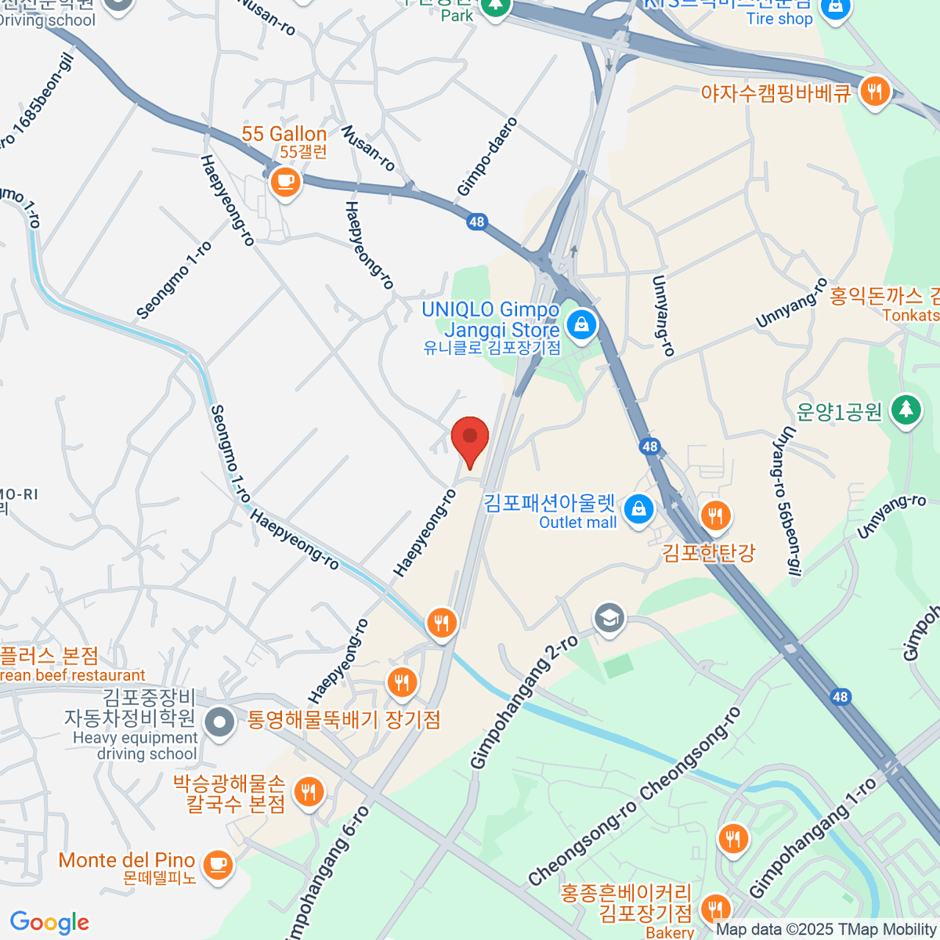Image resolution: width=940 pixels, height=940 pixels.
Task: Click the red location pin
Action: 470,439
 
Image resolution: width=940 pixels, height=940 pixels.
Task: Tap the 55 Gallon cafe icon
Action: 285,183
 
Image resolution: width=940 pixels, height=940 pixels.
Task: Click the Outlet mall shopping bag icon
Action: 639,508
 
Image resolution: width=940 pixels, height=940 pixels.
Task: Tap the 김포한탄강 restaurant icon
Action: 714,515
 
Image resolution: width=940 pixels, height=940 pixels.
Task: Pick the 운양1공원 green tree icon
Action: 906,409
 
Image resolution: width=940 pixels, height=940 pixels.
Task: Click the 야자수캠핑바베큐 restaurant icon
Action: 874,92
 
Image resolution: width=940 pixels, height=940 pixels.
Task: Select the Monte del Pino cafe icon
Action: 217,865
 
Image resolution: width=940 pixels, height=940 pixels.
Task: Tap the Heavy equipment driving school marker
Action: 219,722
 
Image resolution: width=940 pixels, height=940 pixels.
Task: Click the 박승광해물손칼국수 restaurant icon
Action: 309,792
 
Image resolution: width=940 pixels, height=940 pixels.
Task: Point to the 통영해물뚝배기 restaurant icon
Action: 402,682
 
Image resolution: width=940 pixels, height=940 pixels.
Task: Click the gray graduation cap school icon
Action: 609,617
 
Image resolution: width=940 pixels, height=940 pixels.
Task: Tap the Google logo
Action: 49,922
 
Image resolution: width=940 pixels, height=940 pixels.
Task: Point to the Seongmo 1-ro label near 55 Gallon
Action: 174,280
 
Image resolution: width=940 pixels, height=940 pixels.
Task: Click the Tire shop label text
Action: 779,19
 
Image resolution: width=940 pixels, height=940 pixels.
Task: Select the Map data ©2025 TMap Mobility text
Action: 826,930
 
